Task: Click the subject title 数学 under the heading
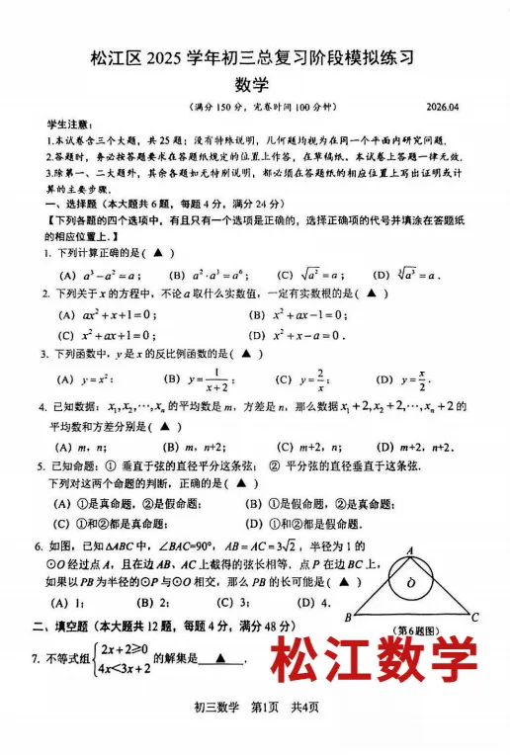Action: [254, 86]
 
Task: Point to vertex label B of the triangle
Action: [349, 618]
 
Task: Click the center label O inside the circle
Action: [412, 584]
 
